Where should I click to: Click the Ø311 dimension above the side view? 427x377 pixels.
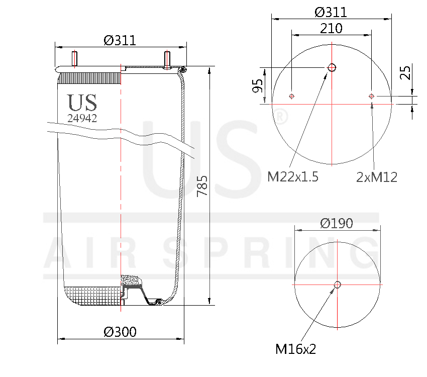coord(120,40)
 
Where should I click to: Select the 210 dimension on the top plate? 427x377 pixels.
coord(332,28)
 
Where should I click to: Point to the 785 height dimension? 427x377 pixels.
coord(202,186)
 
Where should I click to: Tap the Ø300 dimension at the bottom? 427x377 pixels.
coord(120,332)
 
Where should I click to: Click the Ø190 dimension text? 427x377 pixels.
coord(337,223)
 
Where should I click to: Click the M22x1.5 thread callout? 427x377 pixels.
coord(293,177)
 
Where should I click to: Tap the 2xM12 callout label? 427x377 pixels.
coord(377,177)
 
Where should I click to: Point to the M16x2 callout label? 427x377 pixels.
coord(296,348)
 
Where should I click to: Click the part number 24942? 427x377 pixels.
coord(82,118)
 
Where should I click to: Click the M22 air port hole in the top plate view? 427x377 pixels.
coord(332,67)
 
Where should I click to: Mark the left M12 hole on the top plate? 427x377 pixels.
coord(292,96)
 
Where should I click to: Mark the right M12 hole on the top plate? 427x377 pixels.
coord(371,96)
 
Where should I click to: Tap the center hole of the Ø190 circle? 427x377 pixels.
coord(337,285)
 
